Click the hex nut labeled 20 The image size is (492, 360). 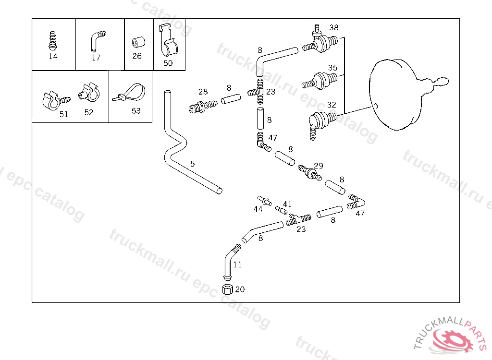[x=227, y=289]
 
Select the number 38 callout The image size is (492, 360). [x=334, y=27]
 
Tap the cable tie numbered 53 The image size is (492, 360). [x=129, y=93]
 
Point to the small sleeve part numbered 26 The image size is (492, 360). [x=138, y=42]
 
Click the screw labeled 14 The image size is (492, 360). [x=53, y=40]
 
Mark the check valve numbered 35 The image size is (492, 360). [x=320, y=81]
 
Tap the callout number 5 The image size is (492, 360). [x=192, y=164]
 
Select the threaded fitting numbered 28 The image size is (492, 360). [x=203, y=107]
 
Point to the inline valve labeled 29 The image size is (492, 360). [x=310, y=172]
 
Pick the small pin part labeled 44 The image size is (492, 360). [x=264, y=200]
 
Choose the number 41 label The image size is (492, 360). [x=287, y=204]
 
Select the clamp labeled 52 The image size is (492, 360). [x=89, y=92]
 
